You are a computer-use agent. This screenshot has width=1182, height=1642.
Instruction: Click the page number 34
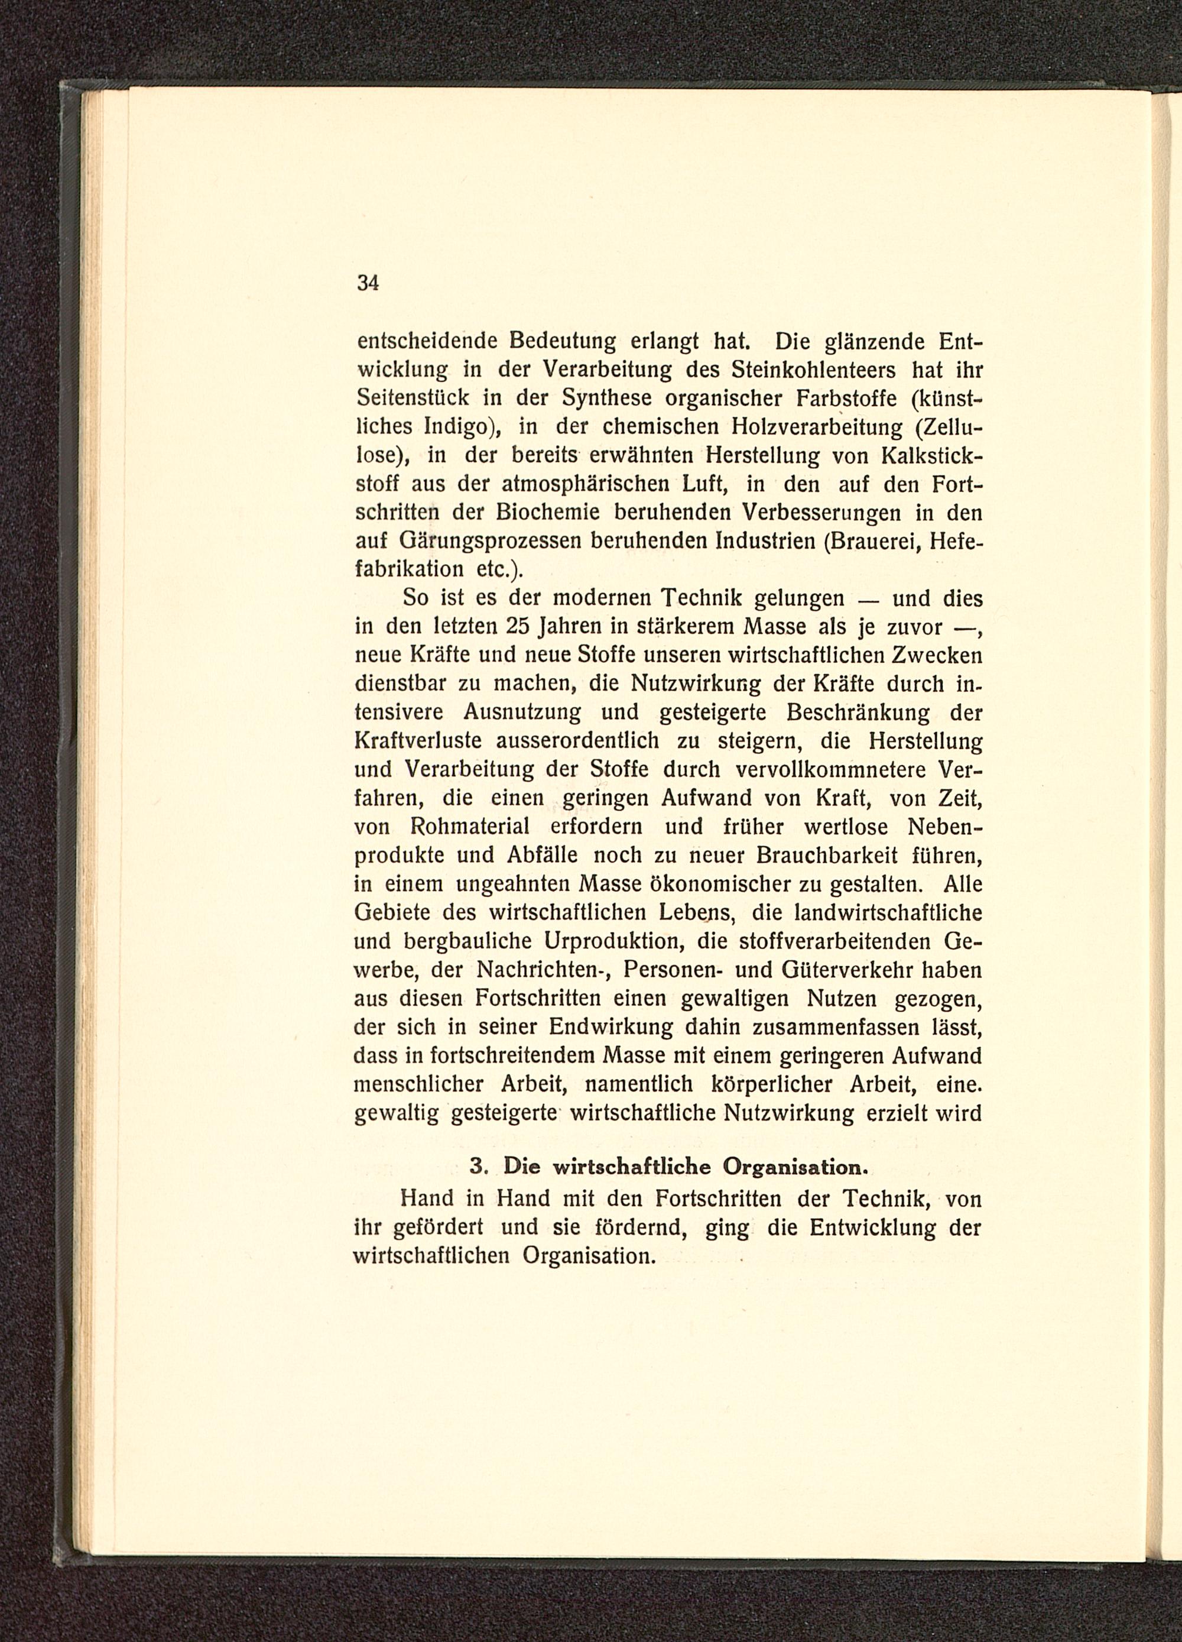tap(368, 284)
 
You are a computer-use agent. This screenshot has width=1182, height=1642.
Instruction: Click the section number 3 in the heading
tap(476, 1167)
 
